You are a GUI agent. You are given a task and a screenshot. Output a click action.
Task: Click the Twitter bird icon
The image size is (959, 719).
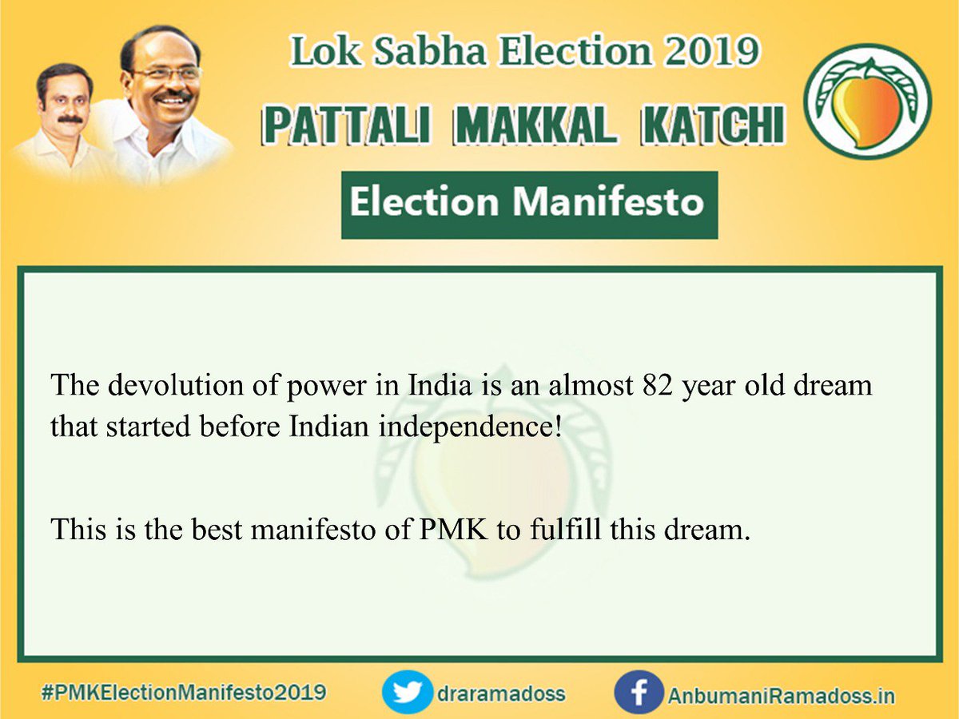(x=407, y=693)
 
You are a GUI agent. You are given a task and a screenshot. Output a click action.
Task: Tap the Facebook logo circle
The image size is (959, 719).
(x=639, y=693)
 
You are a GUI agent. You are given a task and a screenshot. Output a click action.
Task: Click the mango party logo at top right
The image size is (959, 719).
(x=867, y=101)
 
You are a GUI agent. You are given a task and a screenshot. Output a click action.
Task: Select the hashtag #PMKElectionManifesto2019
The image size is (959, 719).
(x=183, y=692)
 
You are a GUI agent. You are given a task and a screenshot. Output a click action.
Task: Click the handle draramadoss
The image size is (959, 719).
(x=501, y=693)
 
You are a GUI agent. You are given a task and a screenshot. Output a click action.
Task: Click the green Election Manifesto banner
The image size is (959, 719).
(x=528, y=205)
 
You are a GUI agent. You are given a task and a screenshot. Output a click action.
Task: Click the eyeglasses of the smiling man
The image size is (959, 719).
(x=170, y=74)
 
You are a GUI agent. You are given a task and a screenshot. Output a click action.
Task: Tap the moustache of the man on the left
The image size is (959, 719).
(x=70, y=119)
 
